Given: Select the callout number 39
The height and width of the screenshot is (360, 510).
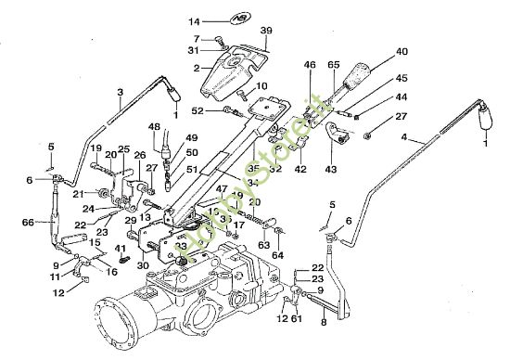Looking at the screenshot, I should click(266, 31).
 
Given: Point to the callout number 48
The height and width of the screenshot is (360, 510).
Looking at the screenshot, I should click(153, 126).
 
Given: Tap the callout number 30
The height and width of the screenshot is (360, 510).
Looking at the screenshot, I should click(144, 265).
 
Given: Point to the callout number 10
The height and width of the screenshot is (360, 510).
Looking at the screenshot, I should click(261, 86).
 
